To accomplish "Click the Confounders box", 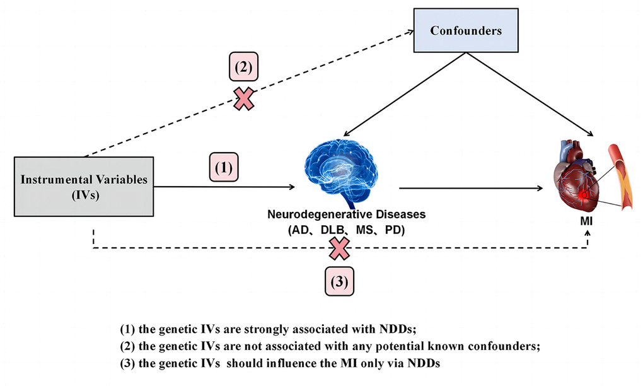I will tap(465, 30).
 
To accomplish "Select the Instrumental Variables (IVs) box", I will tap(84, 187).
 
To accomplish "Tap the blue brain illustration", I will tap(342, 165).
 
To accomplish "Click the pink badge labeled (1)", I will tap(227, 169).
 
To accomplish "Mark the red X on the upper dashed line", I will tap(245, 98).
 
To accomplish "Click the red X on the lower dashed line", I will tap(339, 248).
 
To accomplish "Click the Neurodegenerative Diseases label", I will tap(345, 215).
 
